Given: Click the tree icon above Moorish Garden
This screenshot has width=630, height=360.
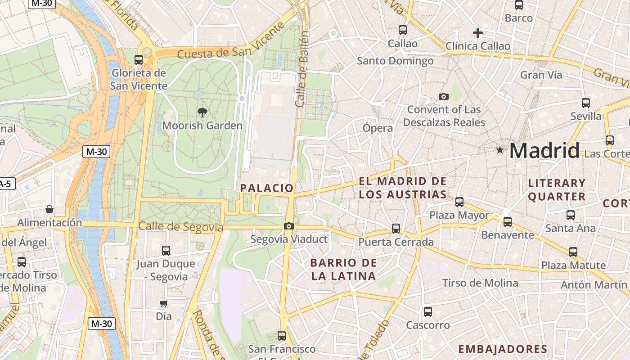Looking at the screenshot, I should (x=202, y=112).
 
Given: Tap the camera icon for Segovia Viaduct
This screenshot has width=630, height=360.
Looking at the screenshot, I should (x=289, y=226).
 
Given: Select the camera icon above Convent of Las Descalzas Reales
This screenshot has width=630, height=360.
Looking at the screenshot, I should (x=444, y=97).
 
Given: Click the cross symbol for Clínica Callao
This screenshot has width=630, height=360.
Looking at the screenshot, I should (x=478, y=33).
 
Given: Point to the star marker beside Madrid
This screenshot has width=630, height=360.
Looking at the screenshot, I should (x=499, y=150).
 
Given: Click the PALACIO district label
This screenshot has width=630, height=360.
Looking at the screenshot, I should (x=267, y=188).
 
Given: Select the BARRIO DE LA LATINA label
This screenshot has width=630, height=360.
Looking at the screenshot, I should (x=343, y=269).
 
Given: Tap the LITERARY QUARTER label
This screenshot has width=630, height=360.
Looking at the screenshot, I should (x=557, y=189).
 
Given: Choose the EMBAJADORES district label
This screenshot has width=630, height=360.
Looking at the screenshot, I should (x=503, y=349).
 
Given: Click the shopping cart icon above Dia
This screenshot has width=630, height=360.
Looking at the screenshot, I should (x=164, y=304).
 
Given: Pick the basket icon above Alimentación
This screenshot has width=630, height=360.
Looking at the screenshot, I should (x=49, y=210).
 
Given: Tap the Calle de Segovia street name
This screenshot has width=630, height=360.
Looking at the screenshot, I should (x=181, y=226).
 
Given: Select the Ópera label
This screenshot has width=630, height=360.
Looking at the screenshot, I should (x=378, y=128).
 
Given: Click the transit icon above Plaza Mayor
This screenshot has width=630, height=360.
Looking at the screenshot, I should (x=459, y=202).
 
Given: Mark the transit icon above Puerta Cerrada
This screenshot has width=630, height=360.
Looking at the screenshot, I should (x=396, y=229).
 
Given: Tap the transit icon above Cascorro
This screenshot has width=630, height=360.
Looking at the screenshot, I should (x=428, y=312).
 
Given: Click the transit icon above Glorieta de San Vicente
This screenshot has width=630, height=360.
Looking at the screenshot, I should (x=139, y=60).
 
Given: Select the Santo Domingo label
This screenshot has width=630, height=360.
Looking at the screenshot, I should (x=395, y=61).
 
